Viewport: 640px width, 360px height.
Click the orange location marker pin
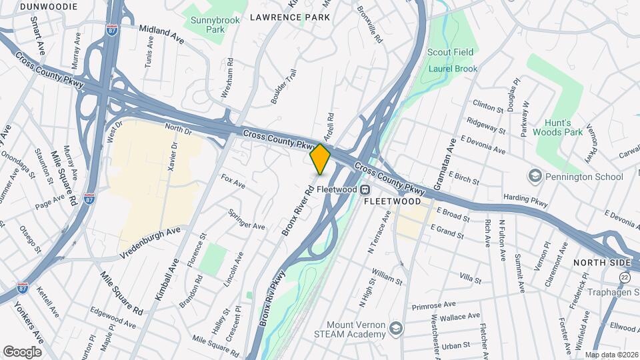(x=320, y=159)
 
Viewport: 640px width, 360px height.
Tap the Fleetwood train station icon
(x=365, y=189)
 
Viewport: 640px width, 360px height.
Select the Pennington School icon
(x=534, y=176)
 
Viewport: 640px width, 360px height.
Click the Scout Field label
(x=450, y=52)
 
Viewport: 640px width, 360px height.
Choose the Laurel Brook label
(x=453, y=68)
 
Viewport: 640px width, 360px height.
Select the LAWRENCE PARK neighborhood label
(x=289, y=17)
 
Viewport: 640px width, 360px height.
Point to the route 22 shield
(x=625, y=277)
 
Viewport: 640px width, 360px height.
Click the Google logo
(x=22, y=351)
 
